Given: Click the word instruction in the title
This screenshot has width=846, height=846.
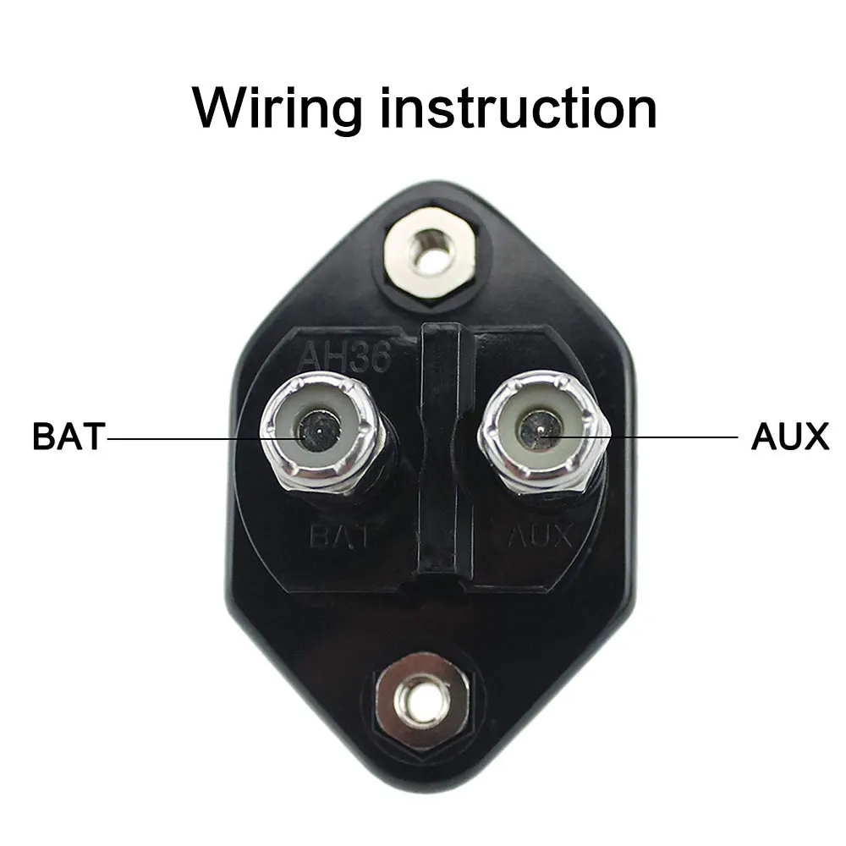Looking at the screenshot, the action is (x=519, y=107).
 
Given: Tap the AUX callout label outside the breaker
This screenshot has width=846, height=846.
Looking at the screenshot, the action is (x=789, y=437).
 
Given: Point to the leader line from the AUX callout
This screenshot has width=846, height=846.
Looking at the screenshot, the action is (x=660, y=437).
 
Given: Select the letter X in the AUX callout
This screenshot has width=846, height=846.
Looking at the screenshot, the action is (x=812, y=437).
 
